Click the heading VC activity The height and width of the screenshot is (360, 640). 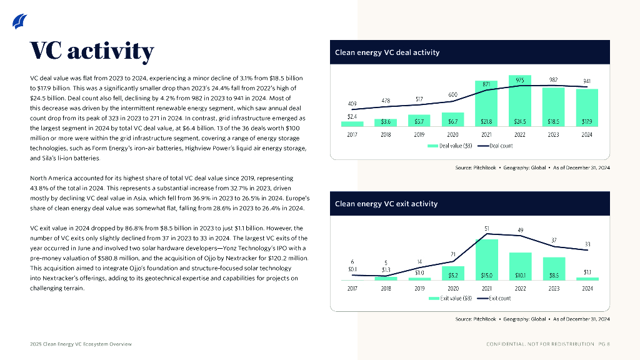pos(92,52)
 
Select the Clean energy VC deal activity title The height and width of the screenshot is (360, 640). pos(387,52)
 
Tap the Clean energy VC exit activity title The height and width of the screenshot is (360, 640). pos(386,204)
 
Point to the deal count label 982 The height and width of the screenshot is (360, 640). pos(553,80)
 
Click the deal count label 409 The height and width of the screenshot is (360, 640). pos(352,103)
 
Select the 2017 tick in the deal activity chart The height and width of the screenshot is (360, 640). pos(352,134)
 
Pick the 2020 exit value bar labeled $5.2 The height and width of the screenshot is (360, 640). pos(453,273)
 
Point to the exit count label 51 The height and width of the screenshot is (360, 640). pos(487,229)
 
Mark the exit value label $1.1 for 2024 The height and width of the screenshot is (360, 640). pos(587,272)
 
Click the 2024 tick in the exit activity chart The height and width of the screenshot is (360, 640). pos(587,289)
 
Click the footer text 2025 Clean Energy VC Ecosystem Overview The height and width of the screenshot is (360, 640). pos(81,344)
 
